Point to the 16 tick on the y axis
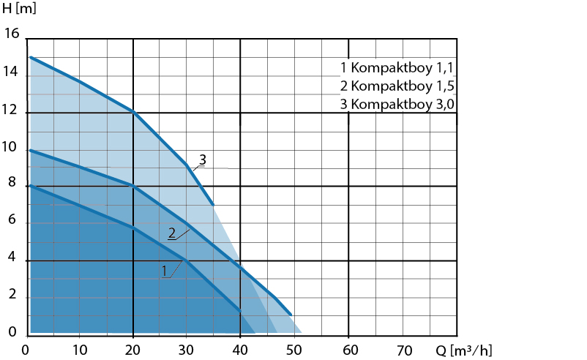click(12, 34)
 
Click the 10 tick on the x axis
click(80, 349)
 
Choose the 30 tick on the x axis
click(187, 349)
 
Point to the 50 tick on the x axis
click(295, 349)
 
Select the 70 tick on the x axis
click(403, 349)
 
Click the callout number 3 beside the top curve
click(203, 159)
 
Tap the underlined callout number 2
click(171, 233)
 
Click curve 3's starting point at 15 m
click(31, 57)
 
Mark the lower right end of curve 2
click(291, 314)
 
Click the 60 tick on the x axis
click(349, 349)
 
